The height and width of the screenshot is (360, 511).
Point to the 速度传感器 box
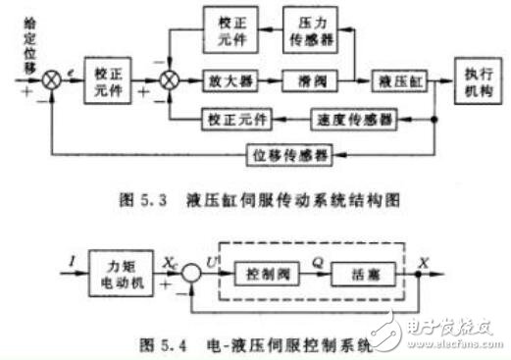[x=353, y=120]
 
